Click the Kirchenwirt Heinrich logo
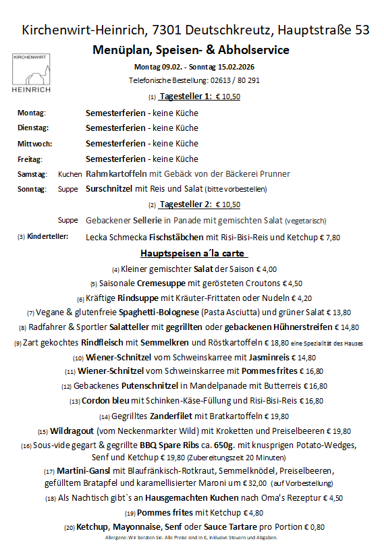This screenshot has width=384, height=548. click(x=32, y=73)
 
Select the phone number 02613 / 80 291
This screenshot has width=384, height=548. click(x=229, y=80)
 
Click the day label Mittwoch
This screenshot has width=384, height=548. click(x=34, y=144)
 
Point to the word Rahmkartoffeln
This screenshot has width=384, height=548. click(x=113, y=174)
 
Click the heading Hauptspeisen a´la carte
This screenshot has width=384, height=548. click(x=194, y=253)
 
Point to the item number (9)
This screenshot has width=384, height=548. click(x=18, y=344)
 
